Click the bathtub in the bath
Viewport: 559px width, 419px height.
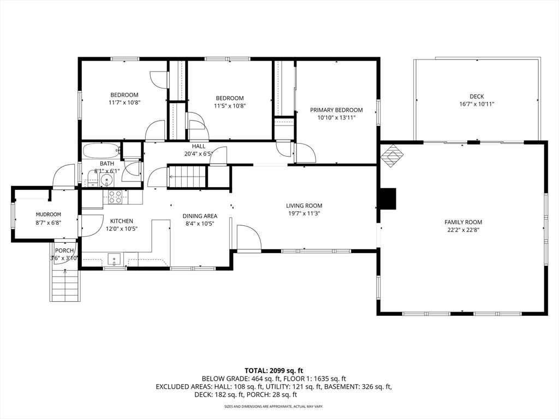coord(101,151)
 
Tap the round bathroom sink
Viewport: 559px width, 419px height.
coord(106,181)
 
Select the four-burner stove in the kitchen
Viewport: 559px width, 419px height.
coord(115,197)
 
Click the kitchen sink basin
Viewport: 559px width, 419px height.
coord(115,259)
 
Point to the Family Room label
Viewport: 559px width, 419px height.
coord(463,222)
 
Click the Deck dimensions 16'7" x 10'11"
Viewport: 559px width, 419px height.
coord(477,104)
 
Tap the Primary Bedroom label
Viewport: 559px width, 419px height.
coord(336,110)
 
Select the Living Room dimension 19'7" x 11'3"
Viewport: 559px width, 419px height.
coord(304,213)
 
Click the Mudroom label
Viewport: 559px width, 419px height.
coord(49,214)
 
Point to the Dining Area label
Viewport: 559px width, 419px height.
coord(200,216)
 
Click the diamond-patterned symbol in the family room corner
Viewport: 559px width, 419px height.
coord(392,155)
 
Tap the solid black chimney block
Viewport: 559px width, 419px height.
coord(388,199)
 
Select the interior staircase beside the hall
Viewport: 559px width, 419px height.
coord(187,176)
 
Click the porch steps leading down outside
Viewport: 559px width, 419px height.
coord(65,285)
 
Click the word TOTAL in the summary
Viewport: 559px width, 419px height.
coord(255,370)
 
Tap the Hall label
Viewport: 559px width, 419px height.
coord(199,146)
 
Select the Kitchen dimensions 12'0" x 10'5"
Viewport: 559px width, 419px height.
coord(122,229)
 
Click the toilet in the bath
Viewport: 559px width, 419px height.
coord(92,179)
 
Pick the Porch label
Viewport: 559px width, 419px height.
coord(64,250)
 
